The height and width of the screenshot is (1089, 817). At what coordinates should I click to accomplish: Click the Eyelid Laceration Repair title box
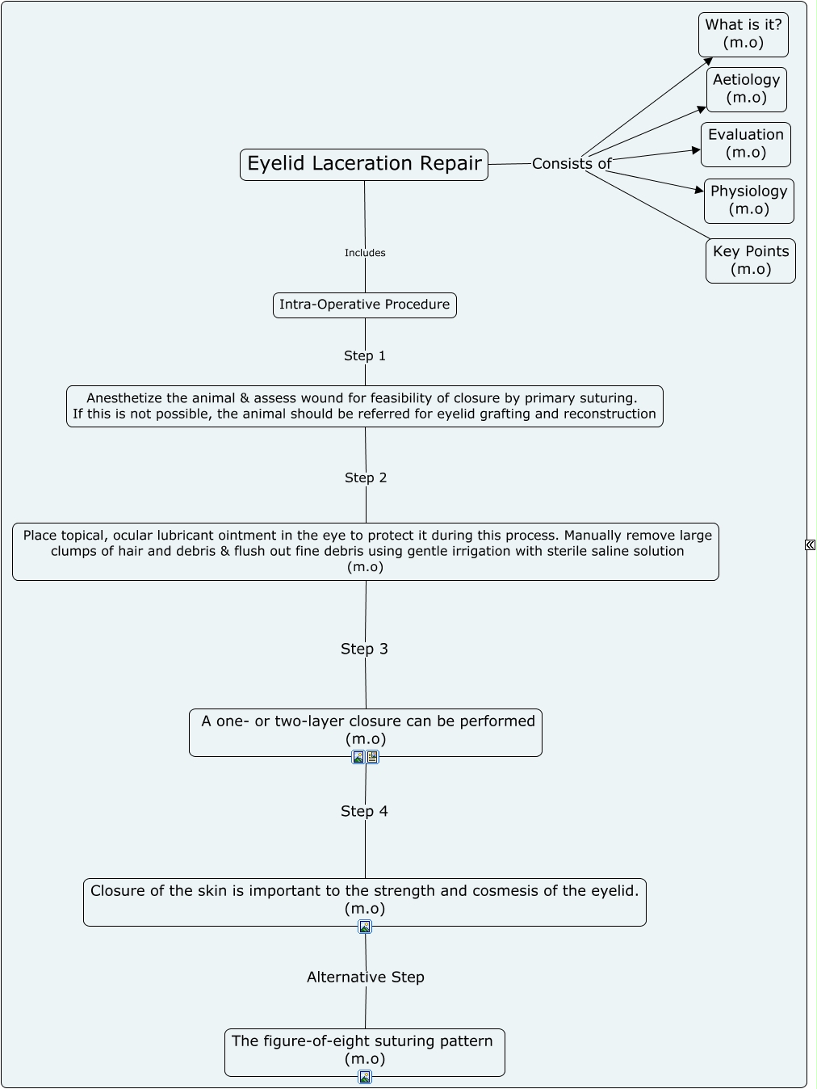point(364,164)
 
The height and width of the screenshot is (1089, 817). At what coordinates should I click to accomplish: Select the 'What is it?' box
point(743,34)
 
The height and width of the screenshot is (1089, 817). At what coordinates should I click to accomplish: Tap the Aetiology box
point(746,89)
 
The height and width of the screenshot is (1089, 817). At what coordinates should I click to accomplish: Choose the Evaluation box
point(745,144)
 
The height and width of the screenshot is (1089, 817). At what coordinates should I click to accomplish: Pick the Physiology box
point(748,200)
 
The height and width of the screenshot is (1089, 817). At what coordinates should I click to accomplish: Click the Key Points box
point(750,260)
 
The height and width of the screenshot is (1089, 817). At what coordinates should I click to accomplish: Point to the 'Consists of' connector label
point(572,164)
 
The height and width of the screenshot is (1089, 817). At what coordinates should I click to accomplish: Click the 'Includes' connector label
point(365,253)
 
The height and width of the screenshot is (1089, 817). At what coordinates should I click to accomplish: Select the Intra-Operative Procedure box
point(364,305)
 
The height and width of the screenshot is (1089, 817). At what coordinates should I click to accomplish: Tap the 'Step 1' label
point(365,355)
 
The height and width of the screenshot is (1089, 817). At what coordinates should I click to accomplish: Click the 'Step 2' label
point(366,477)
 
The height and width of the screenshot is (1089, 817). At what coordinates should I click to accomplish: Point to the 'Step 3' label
point(364,649)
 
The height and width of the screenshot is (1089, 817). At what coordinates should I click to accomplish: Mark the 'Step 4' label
point(364,811)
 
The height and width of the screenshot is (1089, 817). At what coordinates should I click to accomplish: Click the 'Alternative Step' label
point(365,977)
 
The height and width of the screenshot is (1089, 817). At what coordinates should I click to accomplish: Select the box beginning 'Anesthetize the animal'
point(364,406)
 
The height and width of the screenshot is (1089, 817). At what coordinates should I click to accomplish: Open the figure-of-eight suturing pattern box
point(364,1050)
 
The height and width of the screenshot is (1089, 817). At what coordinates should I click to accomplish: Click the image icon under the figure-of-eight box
point(365,1077)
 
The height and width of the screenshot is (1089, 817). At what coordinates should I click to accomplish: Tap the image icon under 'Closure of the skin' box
point(365,927)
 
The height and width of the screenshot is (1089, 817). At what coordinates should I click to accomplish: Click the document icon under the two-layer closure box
point(372,757)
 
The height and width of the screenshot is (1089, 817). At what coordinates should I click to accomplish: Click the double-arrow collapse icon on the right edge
point(810,545)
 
